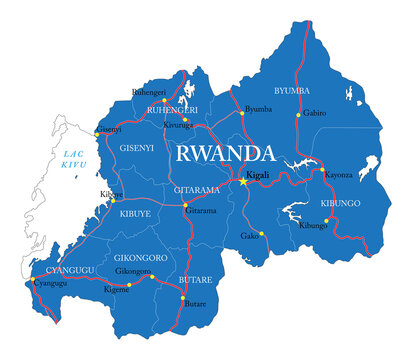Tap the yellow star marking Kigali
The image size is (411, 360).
243,181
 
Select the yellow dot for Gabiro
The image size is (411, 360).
296,113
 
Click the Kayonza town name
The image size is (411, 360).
338,174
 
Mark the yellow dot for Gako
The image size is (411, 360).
261,234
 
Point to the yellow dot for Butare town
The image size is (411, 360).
182,299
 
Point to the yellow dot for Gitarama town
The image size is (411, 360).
185,206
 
